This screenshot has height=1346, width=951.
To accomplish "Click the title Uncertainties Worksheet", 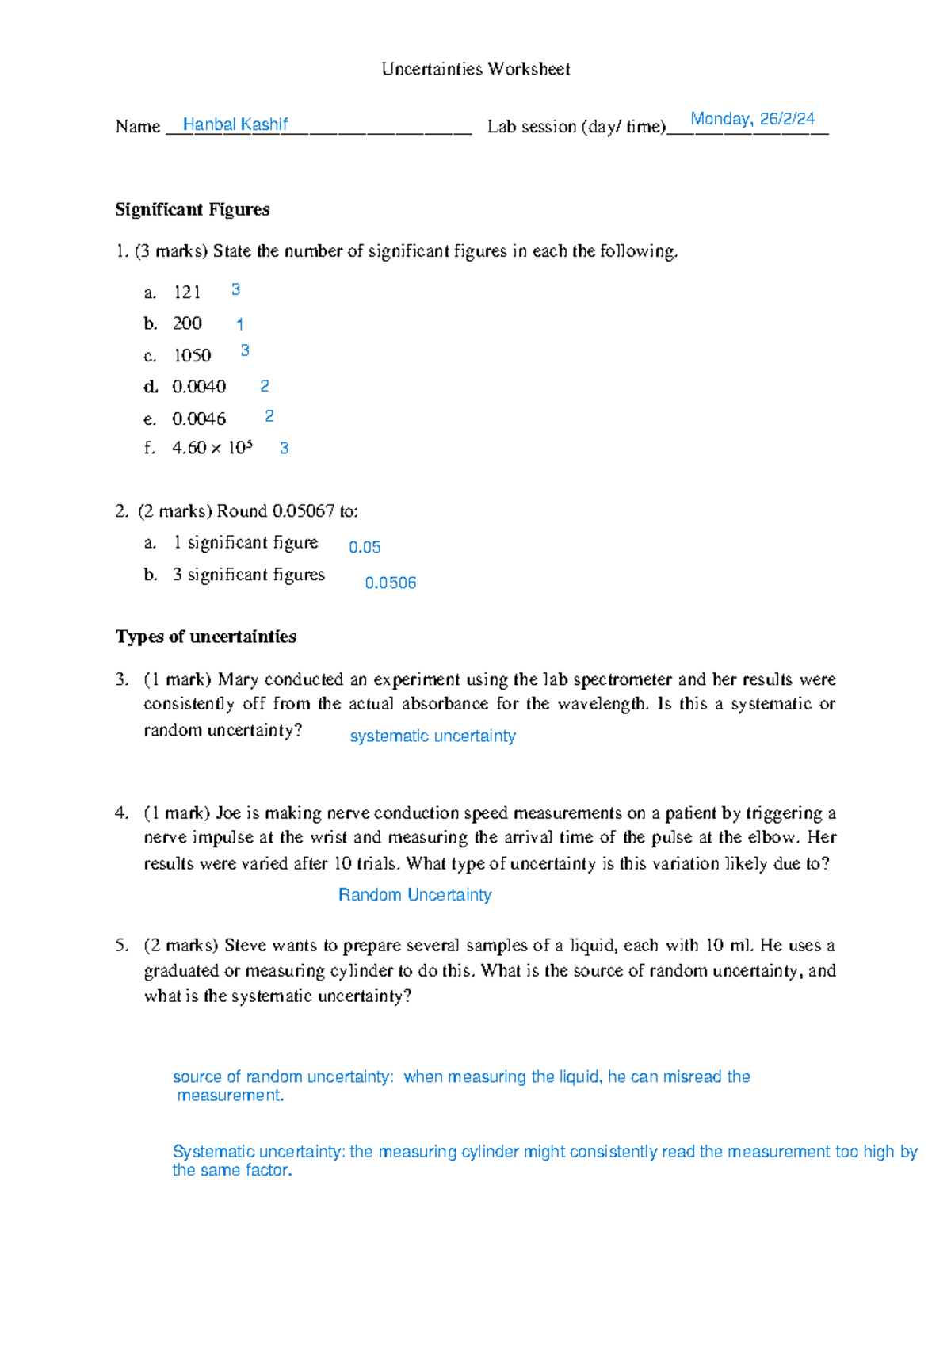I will pyautogui.click(x=475, y=69).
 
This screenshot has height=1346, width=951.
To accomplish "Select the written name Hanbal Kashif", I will pyautogui.click(x=235, y=124).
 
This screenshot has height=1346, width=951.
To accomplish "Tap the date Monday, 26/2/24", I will pyautogui.click(x=752, y=119).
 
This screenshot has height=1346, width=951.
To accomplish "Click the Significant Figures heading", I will pyautogui.click(x=193, y=209).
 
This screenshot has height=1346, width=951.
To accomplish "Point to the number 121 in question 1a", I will pyautogui.click(x=187, y=293).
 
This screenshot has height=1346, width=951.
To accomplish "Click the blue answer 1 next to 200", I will pyautogui.click(x=239, y=324).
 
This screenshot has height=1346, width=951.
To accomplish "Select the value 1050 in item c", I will pyautogui.click(x=192, y=356).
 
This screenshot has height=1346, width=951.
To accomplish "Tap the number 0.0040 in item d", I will pyautogui.click(x=199, y=387).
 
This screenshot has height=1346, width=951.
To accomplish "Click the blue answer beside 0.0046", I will pyautogui.click(x=269, y=416).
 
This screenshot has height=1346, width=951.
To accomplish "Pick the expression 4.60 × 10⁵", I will pyautogui.click(x=212, y=448).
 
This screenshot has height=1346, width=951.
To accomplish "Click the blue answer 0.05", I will pyautogui.click(x=365, y=547).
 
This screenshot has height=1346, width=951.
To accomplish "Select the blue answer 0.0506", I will pyautogui.click(x=390, y=583).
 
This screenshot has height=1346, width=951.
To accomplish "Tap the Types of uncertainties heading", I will pyautogui.click(x=206, y=637).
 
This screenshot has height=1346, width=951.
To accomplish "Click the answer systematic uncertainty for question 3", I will pyautogui.click(x=433, y=736).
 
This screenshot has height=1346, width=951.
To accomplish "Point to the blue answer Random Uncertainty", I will pyautogui.click(x=414, y=895).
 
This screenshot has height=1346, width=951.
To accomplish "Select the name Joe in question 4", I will pyautogui.click(x=228, y=813).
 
